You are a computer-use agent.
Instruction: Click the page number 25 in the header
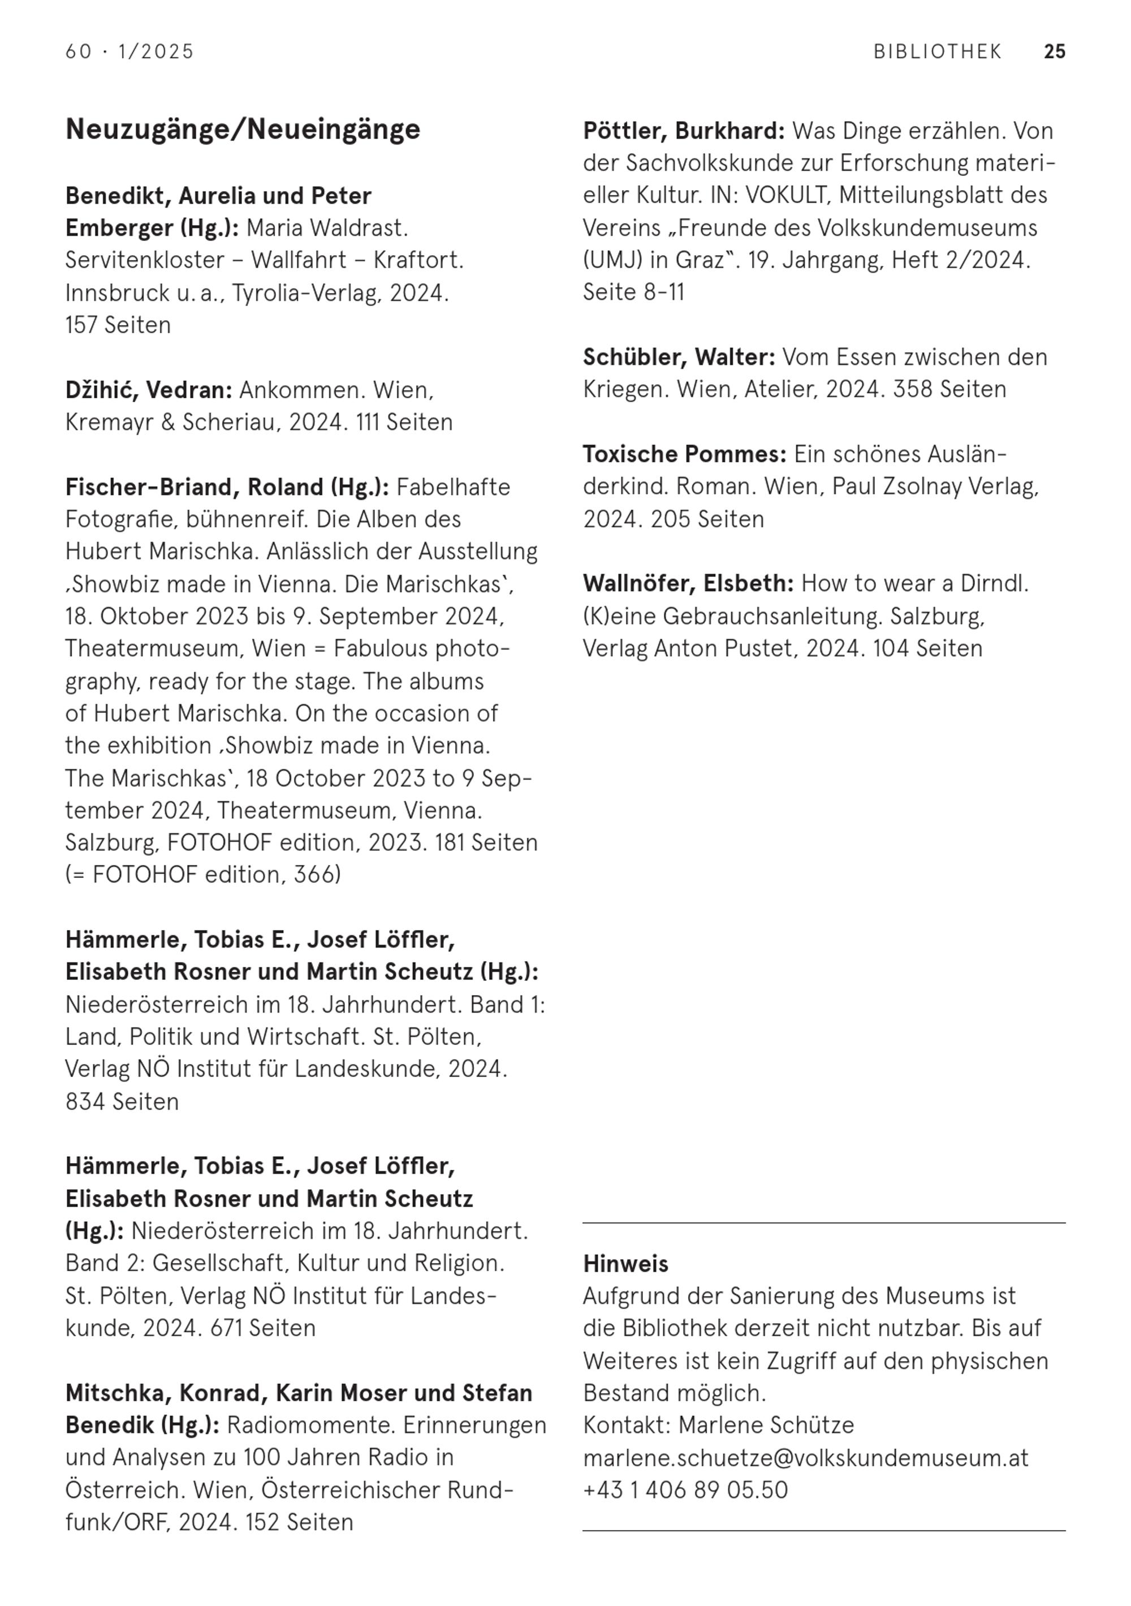[1054, 52]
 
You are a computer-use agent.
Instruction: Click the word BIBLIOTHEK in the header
[937, 52]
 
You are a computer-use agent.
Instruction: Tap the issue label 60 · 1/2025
[129, 52]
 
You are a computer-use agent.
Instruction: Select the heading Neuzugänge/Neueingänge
[243, 130]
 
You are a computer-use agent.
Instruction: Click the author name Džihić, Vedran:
[148, 390]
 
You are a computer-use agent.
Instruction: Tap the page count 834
[85, 1101]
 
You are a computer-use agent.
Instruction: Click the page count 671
[225, 1328]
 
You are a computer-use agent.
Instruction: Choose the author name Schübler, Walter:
[679, 358]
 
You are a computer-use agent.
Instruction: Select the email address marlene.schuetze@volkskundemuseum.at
[806, 1458]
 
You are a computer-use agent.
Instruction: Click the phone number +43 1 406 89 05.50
[685, 1490]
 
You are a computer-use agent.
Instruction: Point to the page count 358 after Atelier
[913, 390]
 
